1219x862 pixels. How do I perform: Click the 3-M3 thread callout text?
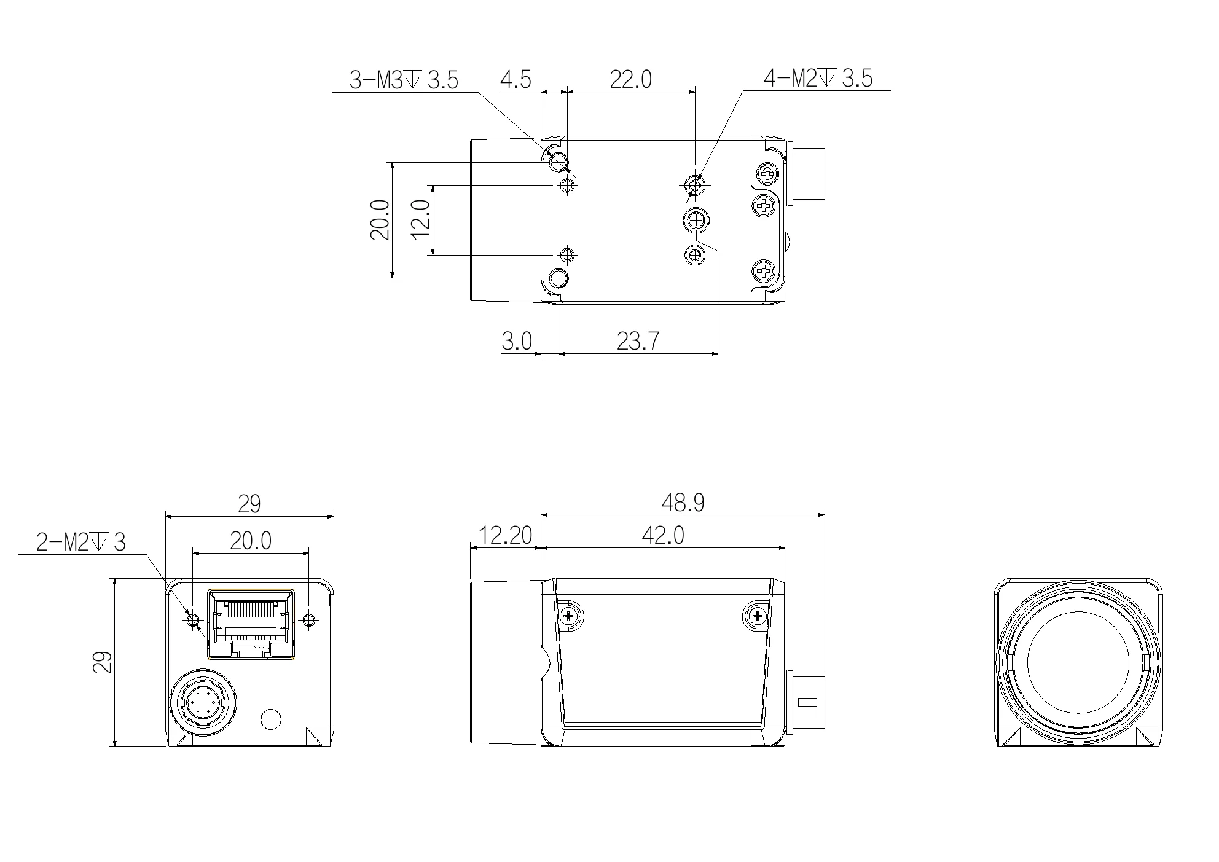404,80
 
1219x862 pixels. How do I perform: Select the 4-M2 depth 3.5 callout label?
818,78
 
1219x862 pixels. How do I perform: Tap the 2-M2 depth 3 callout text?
80,543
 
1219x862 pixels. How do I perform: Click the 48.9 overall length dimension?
683,503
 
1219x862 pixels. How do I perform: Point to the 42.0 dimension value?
662,536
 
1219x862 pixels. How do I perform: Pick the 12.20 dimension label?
504,536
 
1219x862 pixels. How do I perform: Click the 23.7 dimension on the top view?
638,341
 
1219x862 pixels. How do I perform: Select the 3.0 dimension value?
517,341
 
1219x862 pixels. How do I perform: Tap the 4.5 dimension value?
515,80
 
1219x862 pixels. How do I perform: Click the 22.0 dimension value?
630,80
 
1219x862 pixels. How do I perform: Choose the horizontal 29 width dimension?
249,504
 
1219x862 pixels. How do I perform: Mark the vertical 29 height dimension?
103,662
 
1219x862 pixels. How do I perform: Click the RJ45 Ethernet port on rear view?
251,622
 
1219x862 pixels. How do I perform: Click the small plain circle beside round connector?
271,719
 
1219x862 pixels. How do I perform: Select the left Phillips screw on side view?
570,616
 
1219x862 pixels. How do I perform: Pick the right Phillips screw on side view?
757,616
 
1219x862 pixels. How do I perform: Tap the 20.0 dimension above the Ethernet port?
251,541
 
